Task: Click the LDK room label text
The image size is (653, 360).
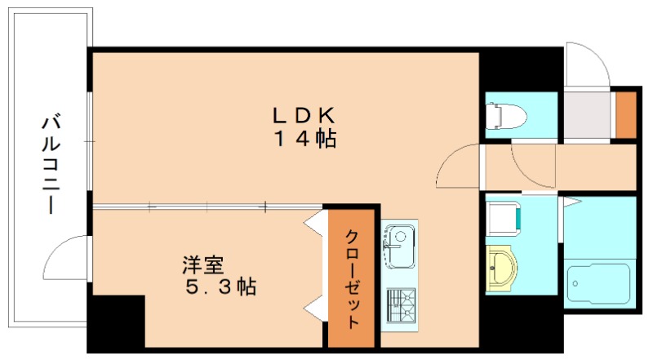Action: (x=304, y=115)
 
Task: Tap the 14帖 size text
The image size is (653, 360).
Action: (x=304, y=139)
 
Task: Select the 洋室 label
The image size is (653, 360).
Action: (x=203, y=266)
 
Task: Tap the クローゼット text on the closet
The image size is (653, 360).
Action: (x=352, y=278)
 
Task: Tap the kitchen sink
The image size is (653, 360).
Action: (x=399, y=247)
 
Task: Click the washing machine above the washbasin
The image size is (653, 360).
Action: (x=503, y=217)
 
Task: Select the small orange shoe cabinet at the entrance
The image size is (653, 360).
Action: (x=626, y=115)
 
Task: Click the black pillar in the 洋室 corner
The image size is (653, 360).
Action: (x=114, y=322)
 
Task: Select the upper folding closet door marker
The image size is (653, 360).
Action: (x=313, y=225)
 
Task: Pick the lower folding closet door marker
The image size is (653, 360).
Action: (x=313, y=309)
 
